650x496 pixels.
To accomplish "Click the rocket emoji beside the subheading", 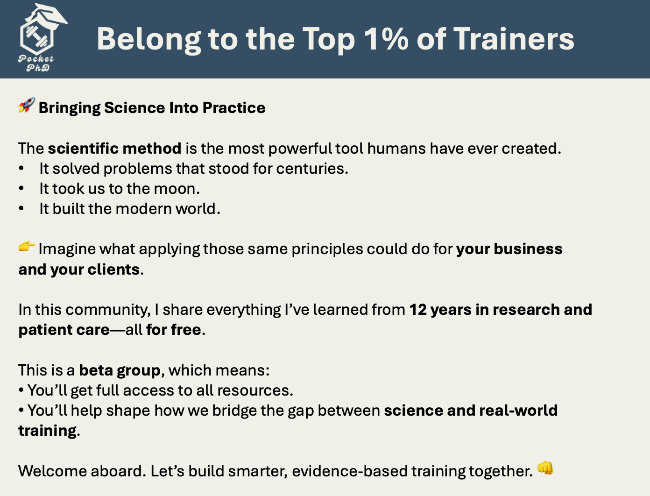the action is pos(27,105).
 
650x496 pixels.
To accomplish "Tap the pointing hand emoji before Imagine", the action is pos(27,247).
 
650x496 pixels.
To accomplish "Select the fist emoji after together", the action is pos(545,468).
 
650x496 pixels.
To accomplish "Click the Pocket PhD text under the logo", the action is pos(36,63).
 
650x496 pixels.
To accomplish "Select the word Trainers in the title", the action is pos(514,39).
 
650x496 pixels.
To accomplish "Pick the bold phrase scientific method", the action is pos(114,148).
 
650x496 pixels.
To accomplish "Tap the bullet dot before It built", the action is pos(21,208).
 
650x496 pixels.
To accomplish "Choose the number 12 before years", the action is pos(418,310).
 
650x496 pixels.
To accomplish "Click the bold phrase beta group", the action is pos(120,371).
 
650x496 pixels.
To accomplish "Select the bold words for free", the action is pos(174,330).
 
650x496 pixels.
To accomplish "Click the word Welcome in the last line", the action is pos(52,471).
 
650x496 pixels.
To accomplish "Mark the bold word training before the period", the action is pos(48,431).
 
